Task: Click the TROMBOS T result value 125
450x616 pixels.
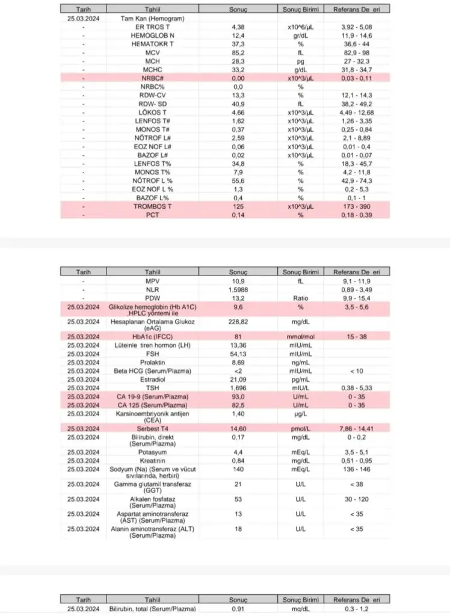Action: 238,206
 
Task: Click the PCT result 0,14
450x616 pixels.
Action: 238,214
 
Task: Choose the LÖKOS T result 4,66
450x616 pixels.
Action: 238,112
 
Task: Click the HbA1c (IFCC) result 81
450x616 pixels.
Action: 238,336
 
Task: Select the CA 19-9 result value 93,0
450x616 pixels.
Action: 238,398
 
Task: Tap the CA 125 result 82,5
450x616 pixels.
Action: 238,406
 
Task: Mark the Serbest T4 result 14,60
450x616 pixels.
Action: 238,428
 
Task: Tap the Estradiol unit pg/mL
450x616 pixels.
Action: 300,380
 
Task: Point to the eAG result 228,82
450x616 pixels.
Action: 238,322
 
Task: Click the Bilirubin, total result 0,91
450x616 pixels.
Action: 238,609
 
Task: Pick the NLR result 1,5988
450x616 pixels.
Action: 238,289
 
